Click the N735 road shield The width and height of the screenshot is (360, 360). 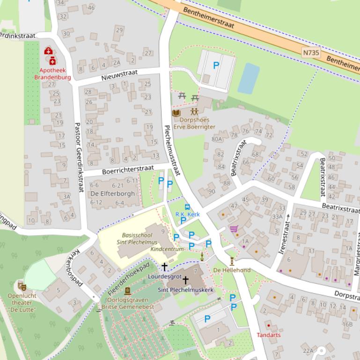(311, 53)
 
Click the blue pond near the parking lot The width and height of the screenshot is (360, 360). (249, 78)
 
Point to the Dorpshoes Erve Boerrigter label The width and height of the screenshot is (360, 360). (194, 123)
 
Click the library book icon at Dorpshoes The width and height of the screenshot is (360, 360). (176, 113)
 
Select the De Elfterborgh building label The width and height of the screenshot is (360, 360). (112, 194)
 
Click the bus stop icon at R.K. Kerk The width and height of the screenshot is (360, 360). (187, 207)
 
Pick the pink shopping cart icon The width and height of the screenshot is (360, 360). (233, 229)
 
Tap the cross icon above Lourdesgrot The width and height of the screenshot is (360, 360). (164, 266)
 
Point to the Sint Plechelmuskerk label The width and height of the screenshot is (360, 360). (185, 290)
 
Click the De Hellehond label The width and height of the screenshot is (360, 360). (232, 270)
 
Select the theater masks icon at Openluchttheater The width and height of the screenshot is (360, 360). (22, 286)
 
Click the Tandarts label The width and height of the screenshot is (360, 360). (269, 335)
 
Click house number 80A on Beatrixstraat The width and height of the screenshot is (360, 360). (217, 139)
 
